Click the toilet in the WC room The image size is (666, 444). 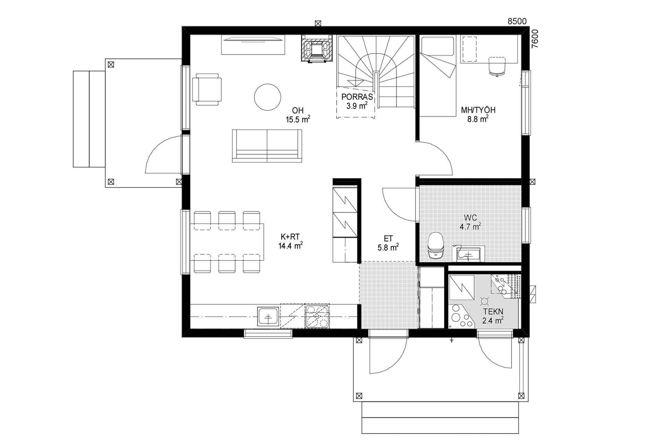point(436,246)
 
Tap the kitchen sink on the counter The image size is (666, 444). point(268,317)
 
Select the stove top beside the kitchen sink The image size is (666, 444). point(317,316)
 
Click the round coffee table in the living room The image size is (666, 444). point(267,97)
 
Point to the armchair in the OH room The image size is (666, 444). point(207,89)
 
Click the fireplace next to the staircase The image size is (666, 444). point(317,49)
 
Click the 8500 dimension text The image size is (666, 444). point(517,22)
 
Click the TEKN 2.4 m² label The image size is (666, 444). point(493,316)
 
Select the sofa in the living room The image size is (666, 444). point(267,146)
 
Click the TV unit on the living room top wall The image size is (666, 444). point(253,44)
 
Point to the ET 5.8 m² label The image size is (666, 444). point(388,243)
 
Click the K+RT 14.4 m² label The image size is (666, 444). point(290,241)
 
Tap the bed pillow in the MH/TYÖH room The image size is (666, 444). point(437,46)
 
